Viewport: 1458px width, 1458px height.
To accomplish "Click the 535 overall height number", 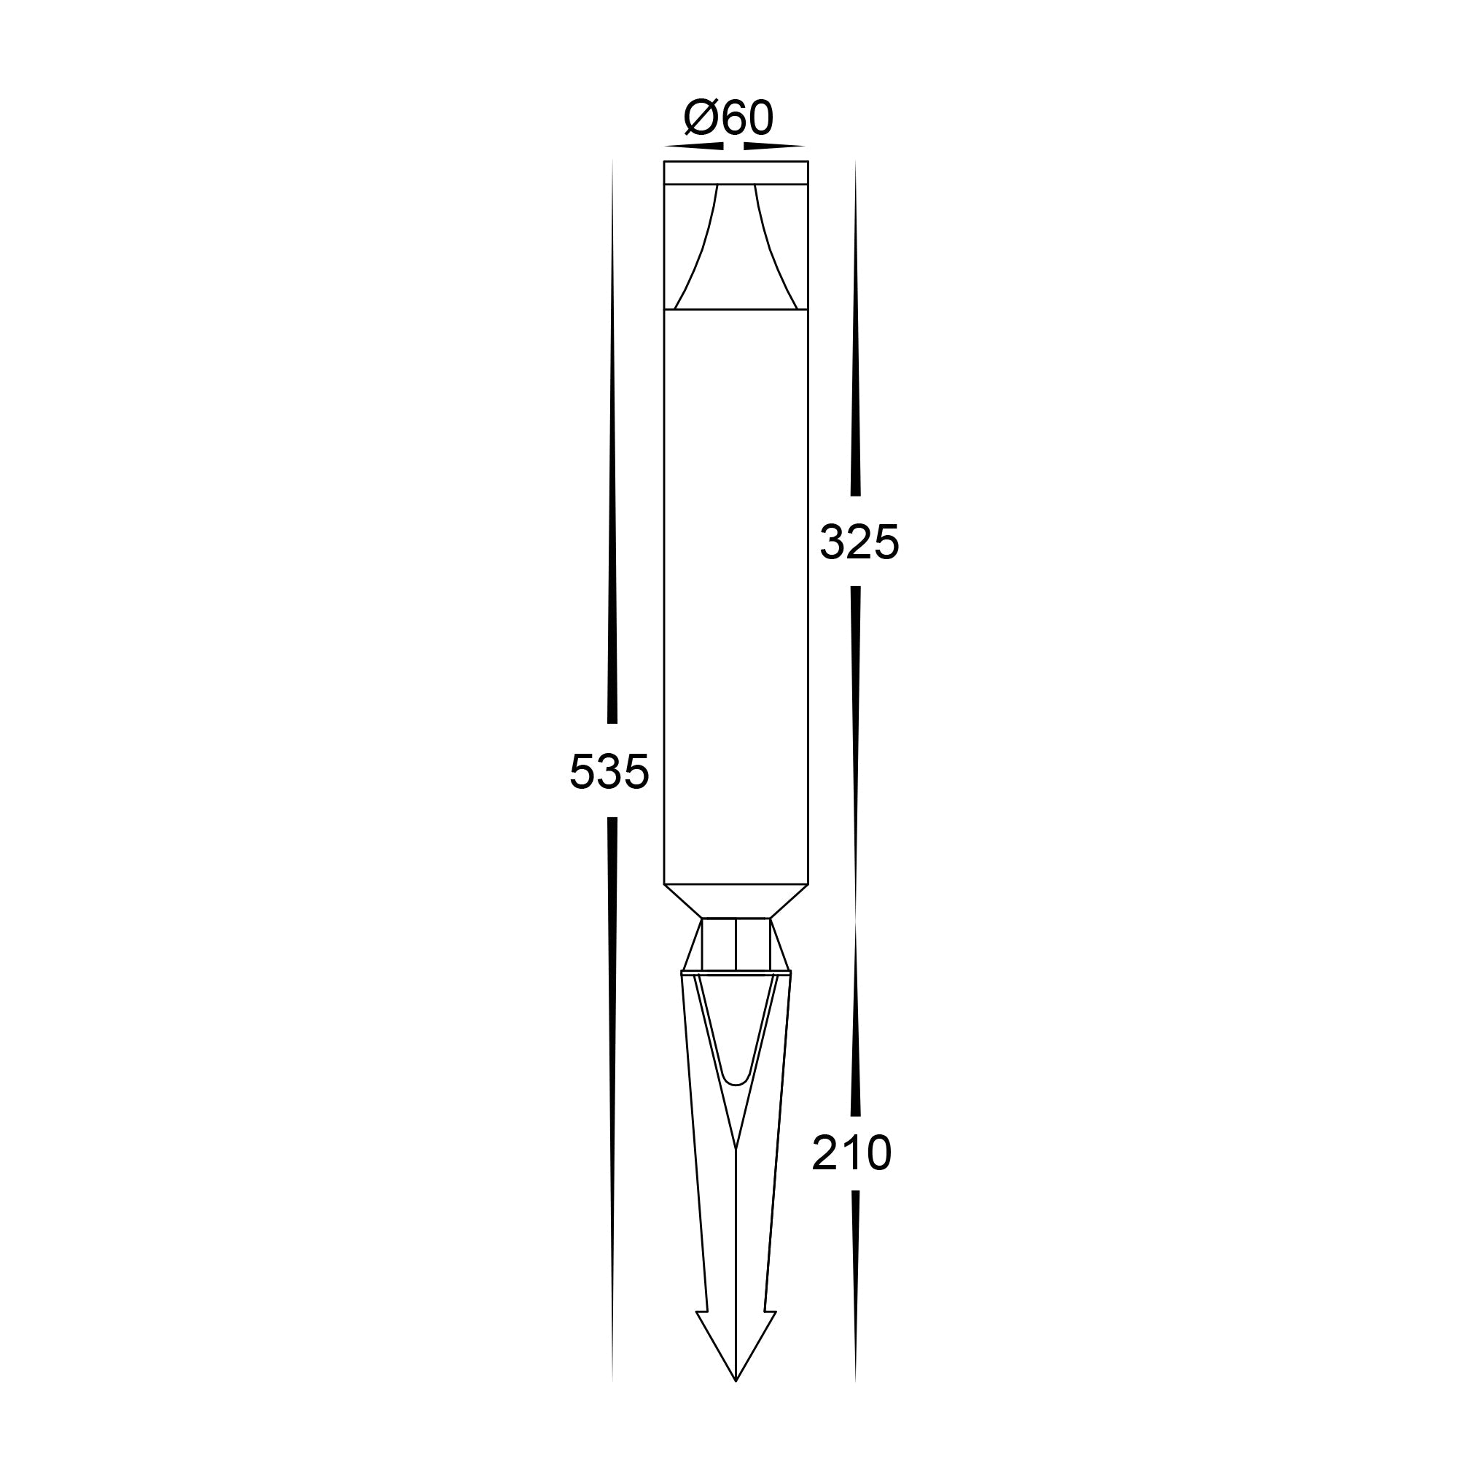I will (x=609, y=772).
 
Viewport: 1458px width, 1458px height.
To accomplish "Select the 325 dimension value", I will (x=859, y=542).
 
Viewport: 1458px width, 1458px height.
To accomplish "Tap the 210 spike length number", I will (x=852, y=1154).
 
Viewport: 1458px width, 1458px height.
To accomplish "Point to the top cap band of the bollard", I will (x=736, y=172).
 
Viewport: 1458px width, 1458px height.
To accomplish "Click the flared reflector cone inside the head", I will (x=736, y=249).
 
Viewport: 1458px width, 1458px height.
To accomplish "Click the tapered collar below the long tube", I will (x=736, y=901).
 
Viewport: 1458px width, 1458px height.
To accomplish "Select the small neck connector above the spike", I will (x=736, y=944).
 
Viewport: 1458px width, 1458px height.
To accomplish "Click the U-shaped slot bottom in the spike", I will (x=736, y=1084).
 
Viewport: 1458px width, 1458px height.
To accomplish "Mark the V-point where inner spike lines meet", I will (x=736, y=1150).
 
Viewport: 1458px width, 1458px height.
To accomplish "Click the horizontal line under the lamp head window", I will (x=736, y=309).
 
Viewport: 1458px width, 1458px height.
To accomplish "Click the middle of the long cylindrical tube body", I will (x=736, y=596).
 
